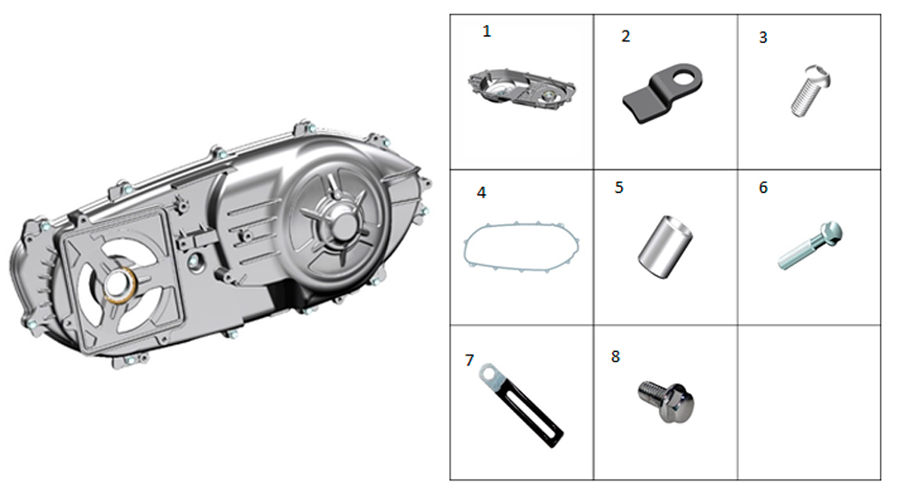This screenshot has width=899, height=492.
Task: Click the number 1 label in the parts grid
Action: point(486,31)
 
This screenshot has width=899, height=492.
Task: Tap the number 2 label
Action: point(626,36)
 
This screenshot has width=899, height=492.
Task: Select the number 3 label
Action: point(763,37)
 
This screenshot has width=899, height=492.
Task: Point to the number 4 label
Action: point(482,192)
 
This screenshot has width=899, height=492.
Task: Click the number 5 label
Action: point(619,188)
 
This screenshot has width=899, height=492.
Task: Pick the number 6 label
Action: point(763,188)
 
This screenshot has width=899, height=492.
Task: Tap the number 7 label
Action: point(469,360)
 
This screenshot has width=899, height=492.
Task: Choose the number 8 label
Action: point(615,356)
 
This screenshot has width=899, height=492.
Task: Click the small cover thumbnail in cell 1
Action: point(521,89)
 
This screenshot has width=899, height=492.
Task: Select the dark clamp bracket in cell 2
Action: point(663,92)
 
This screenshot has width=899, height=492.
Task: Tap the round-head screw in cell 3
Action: point(811,91)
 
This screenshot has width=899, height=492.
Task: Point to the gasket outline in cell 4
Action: point(521,247)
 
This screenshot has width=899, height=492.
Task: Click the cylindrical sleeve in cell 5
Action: point(665,247)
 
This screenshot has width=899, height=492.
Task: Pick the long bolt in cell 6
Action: point(810,245)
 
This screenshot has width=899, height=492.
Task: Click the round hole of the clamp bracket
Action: point(685,76)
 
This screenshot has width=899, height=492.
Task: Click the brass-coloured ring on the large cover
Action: point(120,284)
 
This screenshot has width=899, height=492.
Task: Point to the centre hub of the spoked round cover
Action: point(342,224)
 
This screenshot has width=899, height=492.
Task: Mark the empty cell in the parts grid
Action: point(809,402)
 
